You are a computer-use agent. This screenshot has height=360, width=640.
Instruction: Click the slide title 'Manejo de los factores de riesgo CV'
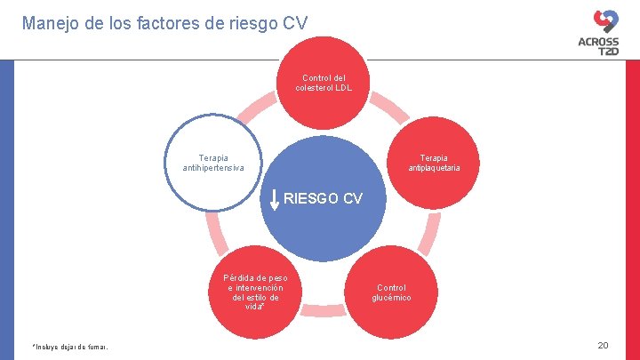coord(164,23)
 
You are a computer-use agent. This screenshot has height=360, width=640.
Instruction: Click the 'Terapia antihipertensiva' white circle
coord(213,163)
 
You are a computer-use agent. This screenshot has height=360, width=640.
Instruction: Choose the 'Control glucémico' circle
coord(391,292)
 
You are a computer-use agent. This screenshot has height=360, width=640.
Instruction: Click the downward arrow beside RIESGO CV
coord(275,200)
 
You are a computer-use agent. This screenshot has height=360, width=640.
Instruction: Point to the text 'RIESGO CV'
coord(323,198)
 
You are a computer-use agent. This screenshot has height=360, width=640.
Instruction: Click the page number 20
coord(603,345)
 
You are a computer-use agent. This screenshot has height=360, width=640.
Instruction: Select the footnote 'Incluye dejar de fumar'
coord(70,347)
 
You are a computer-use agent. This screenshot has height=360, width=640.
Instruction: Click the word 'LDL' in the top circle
coord(342,89)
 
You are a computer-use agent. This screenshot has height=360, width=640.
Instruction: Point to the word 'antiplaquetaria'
coord(434,168)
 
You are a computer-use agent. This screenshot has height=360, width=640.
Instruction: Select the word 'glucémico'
coord(391,298)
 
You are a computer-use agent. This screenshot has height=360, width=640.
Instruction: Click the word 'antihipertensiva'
coord(213,168)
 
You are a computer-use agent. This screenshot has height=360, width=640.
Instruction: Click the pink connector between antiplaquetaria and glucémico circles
coord(428,233)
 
